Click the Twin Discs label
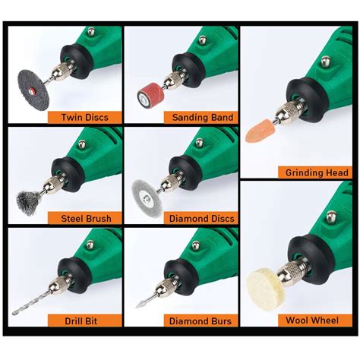(84, 118)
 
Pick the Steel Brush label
(84, 219)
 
